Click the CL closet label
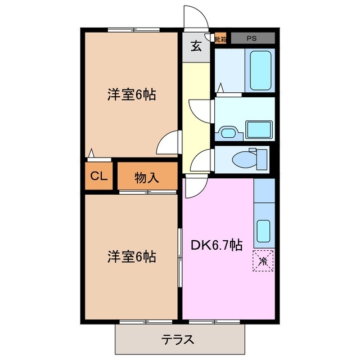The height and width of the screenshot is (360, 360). [x=99, y=176]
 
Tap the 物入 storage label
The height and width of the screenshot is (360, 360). [x=147, y=178]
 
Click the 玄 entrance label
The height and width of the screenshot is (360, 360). [x=196, y=47]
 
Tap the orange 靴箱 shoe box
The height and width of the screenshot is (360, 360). [x=219, y=39]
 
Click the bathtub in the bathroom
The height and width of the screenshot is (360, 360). [x=260, y=68]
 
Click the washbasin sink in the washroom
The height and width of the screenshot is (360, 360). [x=228, y=133]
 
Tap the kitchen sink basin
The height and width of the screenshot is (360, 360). [x=263, y=230]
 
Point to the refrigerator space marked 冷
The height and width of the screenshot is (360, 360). [x=263, y=260]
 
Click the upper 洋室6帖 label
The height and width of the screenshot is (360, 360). [x=132, y=94]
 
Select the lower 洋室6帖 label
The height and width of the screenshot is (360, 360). [x=132, y=257]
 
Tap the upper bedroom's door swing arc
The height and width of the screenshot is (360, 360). [x=168, y=143]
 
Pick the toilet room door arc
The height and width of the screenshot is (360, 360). [x=200, y=163]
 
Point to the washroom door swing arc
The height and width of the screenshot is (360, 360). [x=201, y=110]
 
